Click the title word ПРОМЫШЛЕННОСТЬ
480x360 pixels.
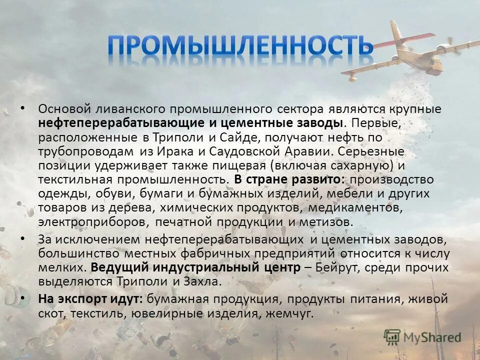[x=240, y=46]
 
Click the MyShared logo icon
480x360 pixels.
[x=392, y=336]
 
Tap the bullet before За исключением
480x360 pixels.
[x=22, y=239]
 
